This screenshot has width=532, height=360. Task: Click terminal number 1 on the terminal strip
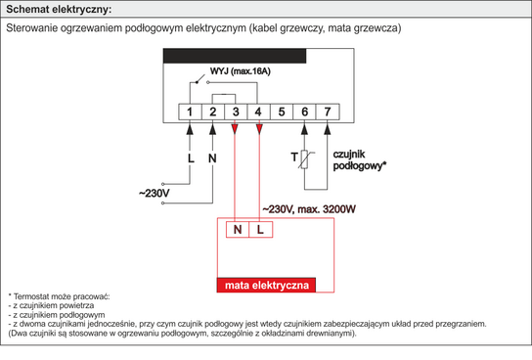[x=190, y=112]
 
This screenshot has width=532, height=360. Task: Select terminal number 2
[x=212, y=112]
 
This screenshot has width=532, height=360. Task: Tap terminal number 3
[x=236, y=112]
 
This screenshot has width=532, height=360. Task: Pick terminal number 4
[x=258, y=112]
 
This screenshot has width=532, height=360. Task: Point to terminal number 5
[x=282, y=112]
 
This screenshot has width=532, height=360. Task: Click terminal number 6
[x=304, y=112]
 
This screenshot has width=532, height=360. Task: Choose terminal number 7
[x=328, y=112]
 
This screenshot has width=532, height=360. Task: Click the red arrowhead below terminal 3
[x=236, y=129]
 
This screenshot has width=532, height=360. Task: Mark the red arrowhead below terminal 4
[x=258, y=129]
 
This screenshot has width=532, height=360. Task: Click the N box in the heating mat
[x=238, y=230]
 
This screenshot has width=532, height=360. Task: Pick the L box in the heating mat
[x=260, y=230]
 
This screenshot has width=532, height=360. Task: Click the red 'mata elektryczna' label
[x=267, y=286]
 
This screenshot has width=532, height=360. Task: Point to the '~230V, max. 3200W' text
[x=309, y=208]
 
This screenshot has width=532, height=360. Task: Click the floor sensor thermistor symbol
[x=307, y=160]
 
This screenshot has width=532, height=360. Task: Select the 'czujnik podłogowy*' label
[x=360, y=160]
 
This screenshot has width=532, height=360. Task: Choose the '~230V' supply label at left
[x=155, y=194]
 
